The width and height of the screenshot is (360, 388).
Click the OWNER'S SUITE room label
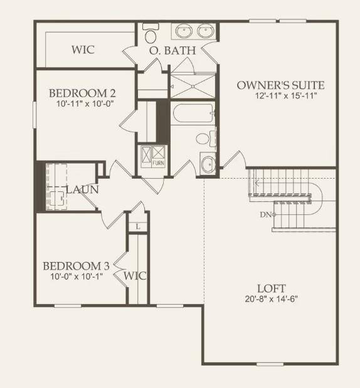click(280, 85)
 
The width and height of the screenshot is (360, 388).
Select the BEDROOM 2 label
click(82, 93)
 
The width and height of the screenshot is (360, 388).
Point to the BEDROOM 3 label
click(75, 266)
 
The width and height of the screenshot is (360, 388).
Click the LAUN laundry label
click(80, 189)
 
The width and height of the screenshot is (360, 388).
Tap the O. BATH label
click(172, 50)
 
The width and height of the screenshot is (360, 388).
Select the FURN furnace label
click(158, 163)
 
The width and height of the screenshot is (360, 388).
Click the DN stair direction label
click(265, 214)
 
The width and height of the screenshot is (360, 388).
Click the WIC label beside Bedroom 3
click(135, 276)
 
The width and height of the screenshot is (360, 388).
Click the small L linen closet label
click(137, 226)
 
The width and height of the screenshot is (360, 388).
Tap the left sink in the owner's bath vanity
click(184, 30)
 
